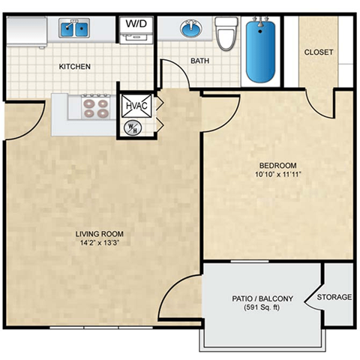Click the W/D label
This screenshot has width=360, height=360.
click(136, 23)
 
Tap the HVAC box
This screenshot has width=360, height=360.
click(136, 105)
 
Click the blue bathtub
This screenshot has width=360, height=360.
click(262, 52)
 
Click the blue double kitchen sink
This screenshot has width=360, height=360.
click(74, 29)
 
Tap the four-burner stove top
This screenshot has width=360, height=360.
click(95, 109)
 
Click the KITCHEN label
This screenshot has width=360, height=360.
click(75, 67)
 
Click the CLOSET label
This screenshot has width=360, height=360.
click(319, 52)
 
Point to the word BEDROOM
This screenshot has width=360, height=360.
click(278, 166)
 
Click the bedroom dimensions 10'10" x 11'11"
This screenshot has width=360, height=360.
click(278, 175)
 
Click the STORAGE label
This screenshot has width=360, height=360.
click(334, 298)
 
